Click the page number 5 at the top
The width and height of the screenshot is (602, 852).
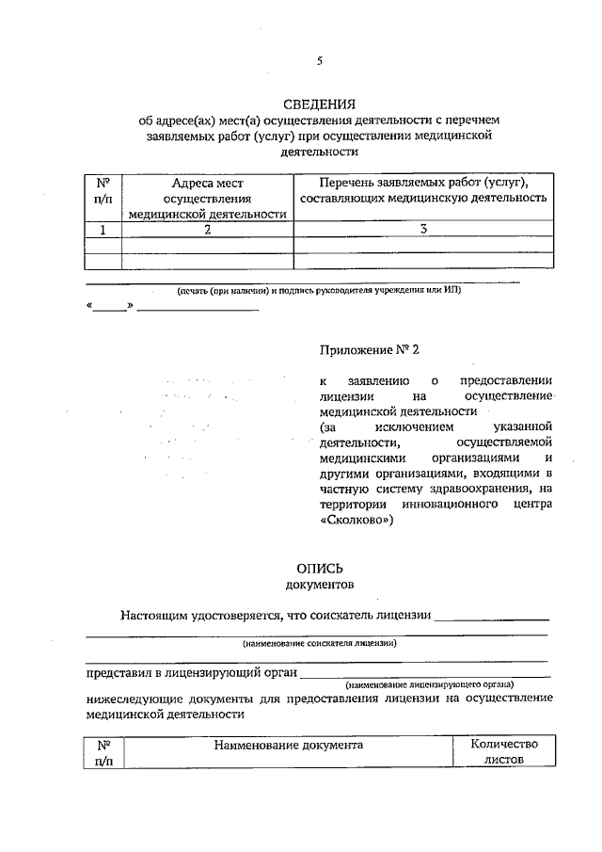click(319, 61)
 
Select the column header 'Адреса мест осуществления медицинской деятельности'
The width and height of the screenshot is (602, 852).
click(207, 199)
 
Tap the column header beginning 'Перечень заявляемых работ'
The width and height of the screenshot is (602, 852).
click(422, 190)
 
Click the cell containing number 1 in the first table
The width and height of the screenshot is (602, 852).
click(103, 229)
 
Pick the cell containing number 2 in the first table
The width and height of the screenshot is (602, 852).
click(207, 229)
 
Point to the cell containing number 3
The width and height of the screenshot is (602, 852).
click(423, 229)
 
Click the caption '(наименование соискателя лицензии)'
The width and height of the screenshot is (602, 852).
click(319, 644)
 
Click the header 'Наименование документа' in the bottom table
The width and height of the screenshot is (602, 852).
click(288, 744)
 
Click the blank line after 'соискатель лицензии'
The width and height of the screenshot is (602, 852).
click(493, 619)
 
